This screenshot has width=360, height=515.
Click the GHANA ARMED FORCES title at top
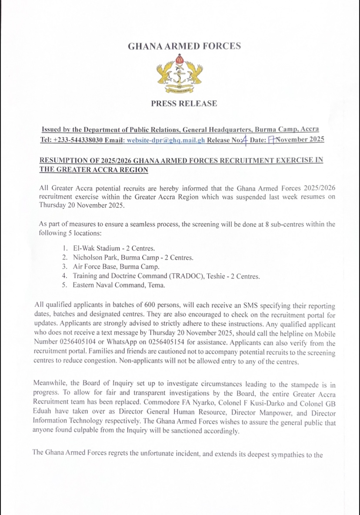184,46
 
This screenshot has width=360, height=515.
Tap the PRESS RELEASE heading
184,104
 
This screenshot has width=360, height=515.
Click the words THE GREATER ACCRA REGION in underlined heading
94,169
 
